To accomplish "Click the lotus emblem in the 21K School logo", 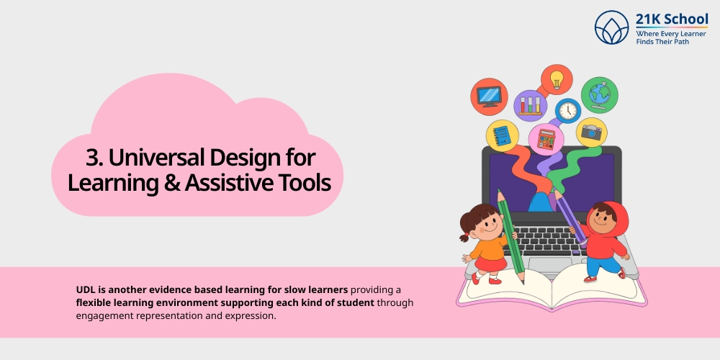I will tap(612, 28).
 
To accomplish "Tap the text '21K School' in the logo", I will tap(671, 19).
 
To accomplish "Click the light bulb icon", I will tap(556, 78).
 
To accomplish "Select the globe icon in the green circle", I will tap(598, 94).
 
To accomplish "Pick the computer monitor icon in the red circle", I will tap(489, 96).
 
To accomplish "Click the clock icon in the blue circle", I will tap(567, 111).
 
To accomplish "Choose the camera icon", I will tap(591, 132).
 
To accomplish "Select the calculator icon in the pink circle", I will tap(546, 139).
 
